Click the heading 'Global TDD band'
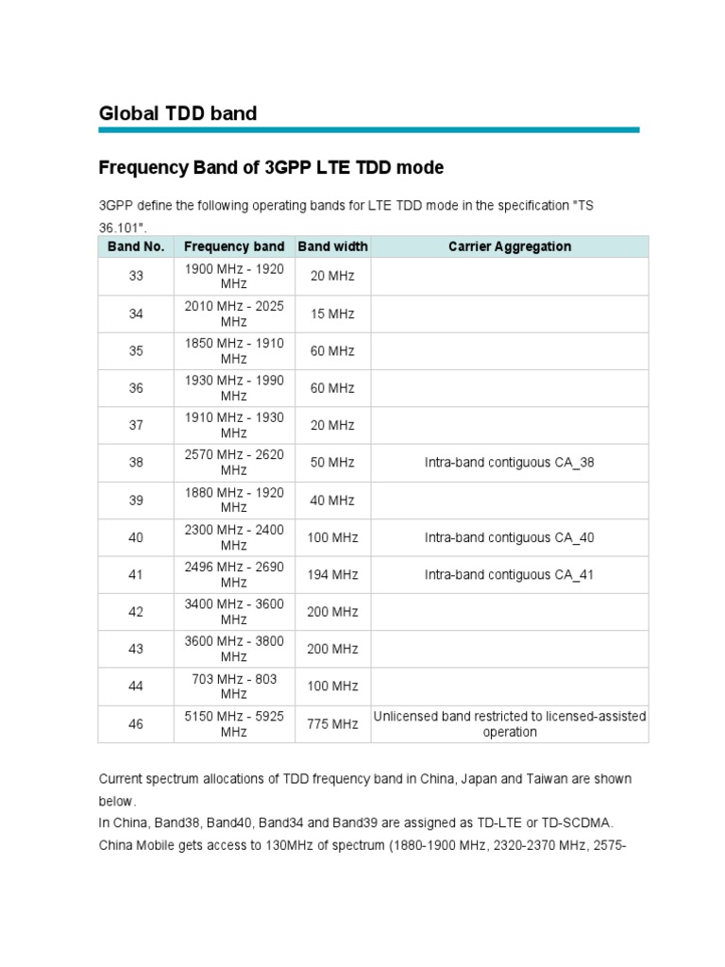(177, 113)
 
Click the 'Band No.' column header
(136, 246)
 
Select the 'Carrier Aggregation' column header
(510, 246)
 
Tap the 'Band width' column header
(332, 246)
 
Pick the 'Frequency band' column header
(234, 246)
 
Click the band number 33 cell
(136, 276)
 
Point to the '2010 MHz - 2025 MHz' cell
(234, 314)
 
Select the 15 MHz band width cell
(332, 314)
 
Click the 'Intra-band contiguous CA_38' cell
(510, 463)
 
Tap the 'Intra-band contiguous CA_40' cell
(510, 537)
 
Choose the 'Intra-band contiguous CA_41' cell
(510, 574)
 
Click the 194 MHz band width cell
(332, 574)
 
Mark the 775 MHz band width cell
(332, 724)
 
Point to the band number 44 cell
(136, 687)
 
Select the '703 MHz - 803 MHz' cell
(234, 687)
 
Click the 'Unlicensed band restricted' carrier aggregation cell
(510, 724)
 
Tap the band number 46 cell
(136, 724)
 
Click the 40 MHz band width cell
(332, 500)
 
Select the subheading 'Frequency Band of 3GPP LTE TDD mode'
(271, 168)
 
